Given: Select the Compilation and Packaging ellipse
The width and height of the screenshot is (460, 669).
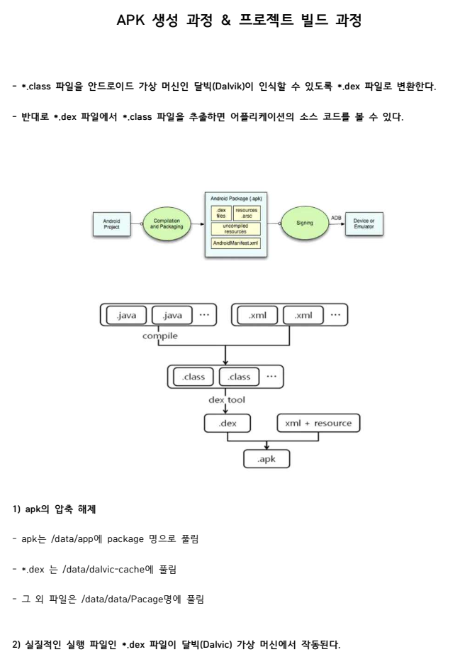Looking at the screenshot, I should [165, 223].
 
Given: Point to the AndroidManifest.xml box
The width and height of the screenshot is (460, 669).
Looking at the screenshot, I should [236, 243].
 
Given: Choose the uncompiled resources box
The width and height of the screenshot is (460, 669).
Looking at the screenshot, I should [236, 229].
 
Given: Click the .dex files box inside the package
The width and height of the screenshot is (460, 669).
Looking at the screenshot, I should [220, 214].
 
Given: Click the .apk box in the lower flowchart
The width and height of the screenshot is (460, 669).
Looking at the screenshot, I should [267, 460].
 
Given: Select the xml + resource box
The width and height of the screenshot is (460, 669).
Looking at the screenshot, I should [318, 424].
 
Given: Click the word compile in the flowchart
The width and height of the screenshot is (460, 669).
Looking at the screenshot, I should [160, 335].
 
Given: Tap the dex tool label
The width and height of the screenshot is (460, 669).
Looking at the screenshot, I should [226, 400].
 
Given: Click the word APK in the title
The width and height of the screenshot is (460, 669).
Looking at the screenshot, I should [130, 21].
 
